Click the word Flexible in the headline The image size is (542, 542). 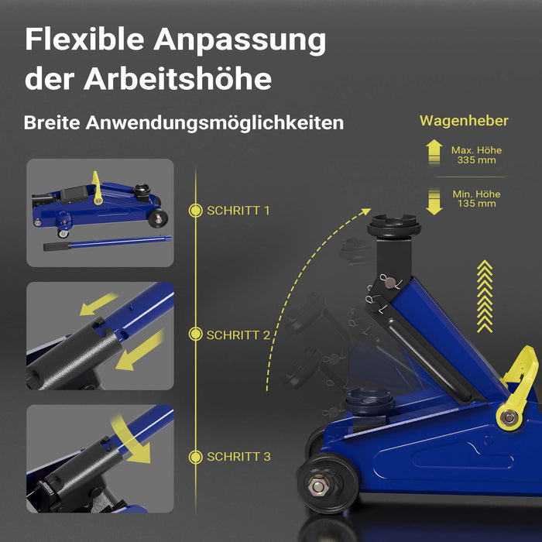84,39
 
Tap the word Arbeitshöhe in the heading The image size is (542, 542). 177,79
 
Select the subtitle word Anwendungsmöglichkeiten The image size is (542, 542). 214,122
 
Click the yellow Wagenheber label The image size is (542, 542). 464,121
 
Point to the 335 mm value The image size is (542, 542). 476,160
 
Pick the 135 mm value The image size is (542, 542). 477,204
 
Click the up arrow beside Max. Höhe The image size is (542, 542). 434,152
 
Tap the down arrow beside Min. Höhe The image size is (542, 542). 434,202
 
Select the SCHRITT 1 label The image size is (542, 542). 238,211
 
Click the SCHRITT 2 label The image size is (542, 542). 238,335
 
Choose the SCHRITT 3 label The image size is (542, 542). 238,457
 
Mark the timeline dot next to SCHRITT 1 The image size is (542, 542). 196,211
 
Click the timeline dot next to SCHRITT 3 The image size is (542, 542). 196,457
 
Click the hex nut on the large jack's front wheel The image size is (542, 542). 317,486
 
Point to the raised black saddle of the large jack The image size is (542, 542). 393,226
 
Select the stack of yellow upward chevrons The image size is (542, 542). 485,297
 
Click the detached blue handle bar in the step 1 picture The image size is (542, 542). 107,242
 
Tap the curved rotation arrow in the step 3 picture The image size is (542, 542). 132,440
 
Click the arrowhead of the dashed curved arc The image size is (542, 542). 365,211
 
